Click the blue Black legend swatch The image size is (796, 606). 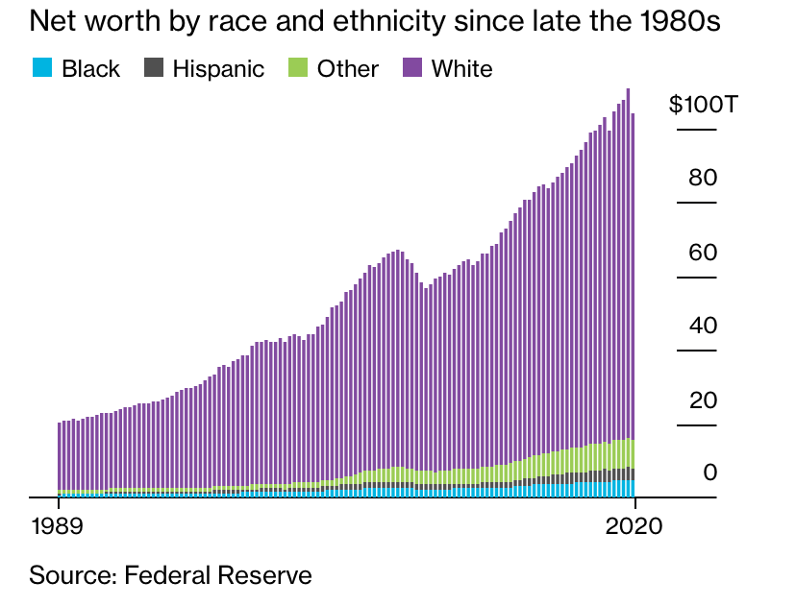41,68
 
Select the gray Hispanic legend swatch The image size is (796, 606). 153,68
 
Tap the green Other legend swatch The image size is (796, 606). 298,68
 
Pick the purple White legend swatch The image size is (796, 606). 412,68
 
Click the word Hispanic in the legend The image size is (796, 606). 218,68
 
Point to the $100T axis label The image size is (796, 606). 704,104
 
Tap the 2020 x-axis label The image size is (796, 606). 634,527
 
